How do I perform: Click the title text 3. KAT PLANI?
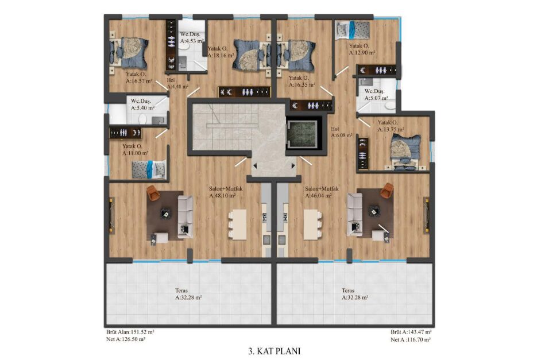tap(274, 351)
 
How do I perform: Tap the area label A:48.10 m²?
tap(222, 196)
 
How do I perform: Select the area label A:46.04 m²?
tap(318, 196)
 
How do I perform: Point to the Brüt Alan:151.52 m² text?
tap(130, 332)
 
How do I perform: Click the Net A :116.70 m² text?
tap(411, 339)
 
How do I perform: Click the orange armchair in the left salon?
tap(153, 193)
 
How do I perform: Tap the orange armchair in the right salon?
tap(387, 190)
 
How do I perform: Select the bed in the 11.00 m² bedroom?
tap(149, 169)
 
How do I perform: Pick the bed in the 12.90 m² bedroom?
tap(353, 30)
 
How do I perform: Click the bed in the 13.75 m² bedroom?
tap(405, 152)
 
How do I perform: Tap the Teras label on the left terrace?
tap(181, 291)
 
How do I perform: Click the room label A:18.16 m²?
tap(221, 55)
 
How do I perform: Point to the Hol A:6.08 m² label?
tap(341, 133)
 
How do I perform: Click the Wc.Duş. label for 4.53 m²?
tap(190, 34)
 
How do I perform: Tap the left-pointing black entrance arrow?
tap(255, 165)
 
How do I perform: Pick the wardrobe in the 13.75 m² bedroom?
tap(362, 154)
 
